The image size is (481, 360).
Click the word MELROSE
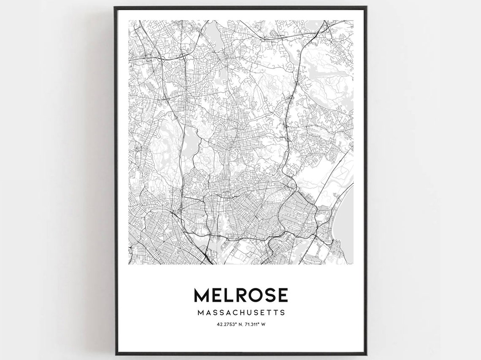pyautogui.click(x=240, y=295)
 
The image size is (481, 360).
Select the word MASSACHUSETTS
pyautogui.click(x=240, y=313)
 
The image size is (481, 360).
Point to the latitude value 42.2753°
pyautogui.click(x=225, y=324)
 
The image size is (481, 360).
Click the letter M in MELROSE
pyautogui.click(x=201, y=295)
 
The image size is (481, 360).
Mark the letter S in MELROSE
pyautogui.click(x=270, y=295)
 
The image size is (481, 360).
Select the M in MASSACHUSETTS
pyautogui.click(x=199, y=313)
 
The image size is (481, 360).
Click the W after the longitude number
pyautogui.click(x=268, y=324)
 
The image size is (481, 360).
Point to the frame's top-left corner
pyautogui.click(x=115, y=7)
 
